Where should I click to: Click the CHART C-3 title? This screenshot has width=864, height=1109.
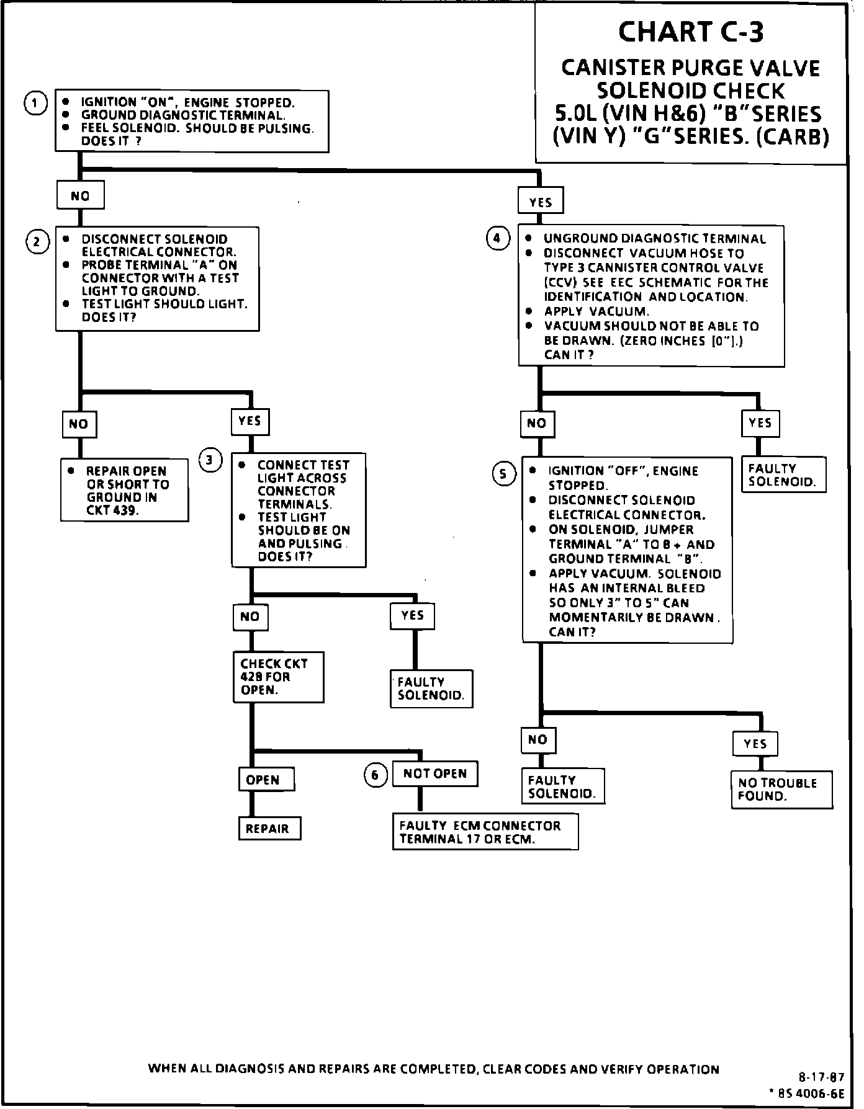[690, 32]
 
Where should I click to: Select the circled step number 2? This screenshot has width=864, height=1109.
[37, 241]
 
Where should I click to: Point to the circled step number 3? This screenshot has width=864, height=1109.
[210, 460]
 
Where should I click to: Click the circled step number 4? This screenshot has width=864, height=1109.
[497, 238]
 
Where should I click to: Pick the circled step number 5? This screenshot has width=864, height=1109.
[504, 474]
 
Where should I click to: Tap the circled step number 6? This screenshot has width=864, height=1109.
[375, 775]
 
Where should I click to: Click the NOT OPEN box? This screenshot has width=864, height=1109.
[435, 773]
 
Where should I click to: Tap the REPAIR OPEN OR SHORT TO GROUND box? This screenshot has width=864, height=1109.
[124, 490]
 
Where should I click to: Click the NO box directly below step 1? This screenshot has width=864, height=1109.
[80, 196]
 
